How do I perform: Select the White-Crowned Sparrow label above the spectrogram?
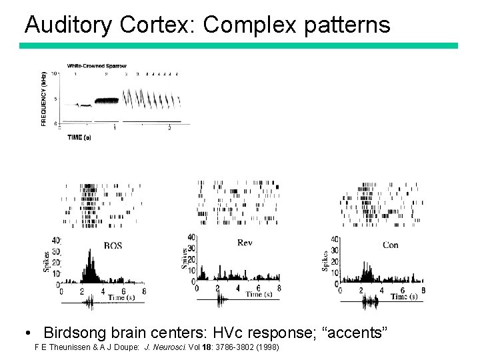click(97, 66)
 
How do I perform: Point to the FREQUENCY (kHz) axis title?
click(44, 98)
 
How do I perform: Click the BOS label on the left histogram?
click(113, 246)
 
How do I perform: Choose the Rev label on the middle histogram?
click(245, 243)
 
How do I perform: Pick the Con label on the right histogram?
click(391, 245)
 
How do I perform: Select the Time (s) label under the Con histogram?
click(404, 297)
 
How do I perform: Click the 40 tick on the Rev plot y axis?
click(192, 237)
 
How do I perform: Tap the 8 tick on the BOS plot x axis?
click(144, 291)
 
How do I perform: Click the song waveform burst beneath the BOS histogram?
click(89, 303)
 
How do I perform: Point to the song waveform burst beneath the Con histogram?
click(369, 303)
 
